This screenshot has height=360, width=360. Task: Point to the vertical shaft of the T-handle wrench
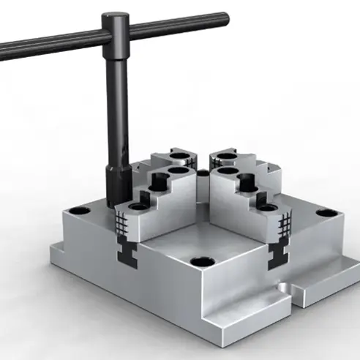115,102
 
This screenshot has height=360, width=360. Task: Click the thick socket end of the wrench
116,183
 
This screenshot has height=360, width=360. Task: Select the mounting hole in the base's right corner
327,213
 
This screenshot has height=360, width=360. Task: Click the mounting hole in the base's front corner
199,261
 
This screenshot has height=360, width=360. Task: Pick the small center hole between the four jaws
201,173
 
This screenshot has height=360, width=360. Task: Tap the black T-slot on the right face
279,254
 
